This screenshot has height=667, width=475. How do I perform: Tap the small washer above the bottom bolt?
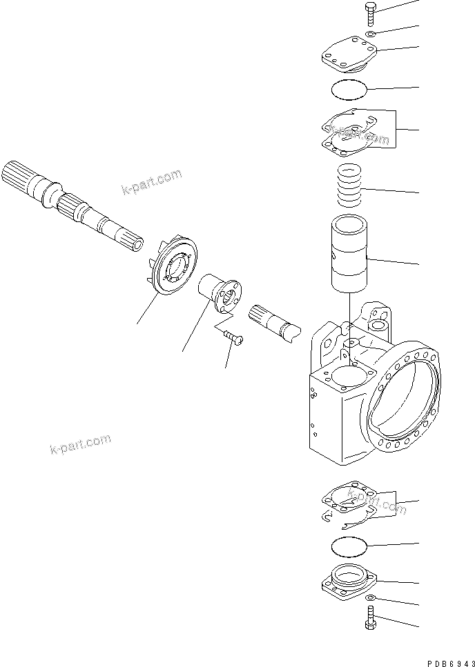tap(371, 597)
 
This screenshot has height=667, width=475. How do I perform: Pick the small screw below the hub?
tap(235, 336)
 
